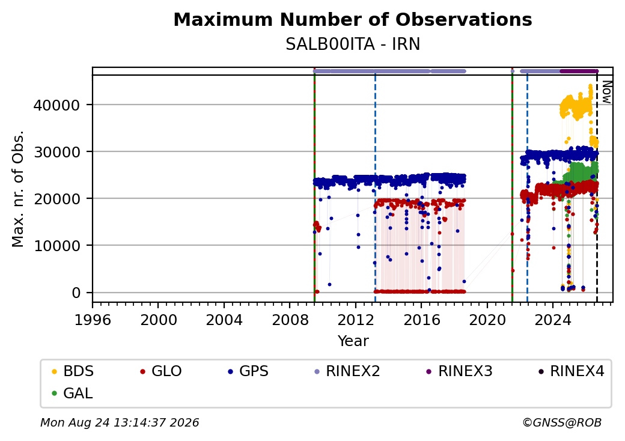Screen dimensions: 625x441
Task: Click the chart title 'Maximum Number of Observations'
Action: [x=353, y=19]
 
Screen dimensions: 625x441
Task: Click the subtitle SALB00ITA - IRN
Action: [x=353, y=44]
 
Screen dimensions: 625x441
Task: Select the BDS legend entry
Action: [x=73, y=371]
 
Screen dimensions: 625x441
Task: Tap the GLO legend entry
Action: [x=160, y=371]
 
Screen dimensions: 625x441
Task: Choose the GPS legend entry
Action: [x=248, y=371]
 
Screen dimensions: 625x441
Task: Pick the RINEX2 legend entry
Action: [x=347, y=371]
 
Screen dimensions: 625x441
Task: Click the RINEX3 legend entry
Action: [x=459, y=371]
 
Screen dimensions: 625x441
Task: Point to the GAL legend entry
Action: [x=72, y=393]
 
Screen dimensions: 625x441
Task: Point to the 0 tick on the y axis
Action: [x=76, y=293]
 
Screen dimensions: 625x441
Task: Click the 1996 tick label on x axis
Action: [x=93, y=320]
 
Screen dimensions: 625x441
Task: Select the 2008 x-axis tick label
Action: [x=290, y=320]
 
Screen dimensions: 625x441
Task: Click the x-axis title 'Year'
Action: [x=353, y=341]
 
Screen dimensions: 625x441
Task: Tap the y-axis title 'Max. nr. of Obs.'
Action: [x=18, y=189]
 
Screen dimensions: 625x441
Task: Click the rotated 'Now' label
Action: [x=606, y=92]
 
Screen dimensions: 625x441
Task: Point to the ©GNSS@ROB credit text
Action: [x=562, y=422]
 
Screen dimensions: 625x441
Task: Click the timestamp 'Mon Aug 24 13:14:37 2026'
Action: [x=120, y=422]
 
